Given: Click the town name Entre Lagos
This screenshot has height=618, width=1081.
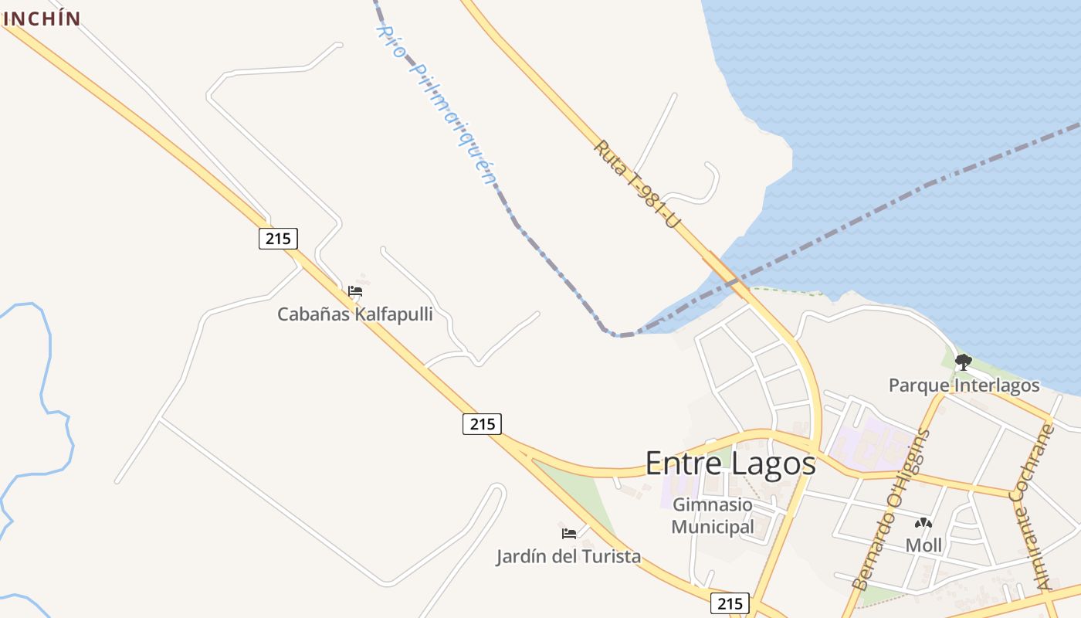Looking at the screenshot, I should point(730,463).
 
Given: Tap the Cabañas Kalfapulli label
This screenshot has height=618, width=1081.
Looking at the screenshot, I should point(354,314).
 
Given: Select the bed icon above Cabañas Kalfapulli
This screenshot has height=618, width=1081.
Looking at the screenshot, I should point(355,291).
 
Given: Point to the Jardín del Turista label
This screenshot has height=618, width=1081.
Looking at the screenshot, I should point(568,556).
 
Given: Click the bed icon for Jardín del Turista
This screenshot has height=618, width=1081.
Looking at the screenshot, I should point(569,533).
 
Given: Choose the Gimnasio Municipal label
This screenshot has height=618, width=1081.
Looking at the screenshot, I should point(712,516).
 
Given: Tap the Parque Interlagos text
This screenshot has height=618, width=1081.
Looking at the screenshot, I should point(964,385).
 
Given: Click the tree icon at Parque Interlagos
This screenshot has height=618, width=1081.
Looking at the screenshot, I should point(963,362).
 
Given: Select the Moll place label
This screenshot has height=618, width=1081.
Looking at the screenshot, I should point(923,545).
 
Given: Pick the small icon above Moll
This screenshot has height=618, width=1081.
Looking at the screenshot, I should point(923,523).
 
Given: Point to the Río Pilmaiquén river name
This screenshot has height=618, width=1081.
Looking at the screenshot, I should point(435,105).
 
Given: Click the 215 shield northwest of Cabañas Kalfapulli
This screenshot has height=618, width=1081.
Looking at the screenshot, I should point(278,239).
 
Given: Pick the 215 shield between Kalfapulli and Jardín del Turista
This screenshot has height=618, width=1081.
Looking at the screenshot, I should point(483,423).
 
